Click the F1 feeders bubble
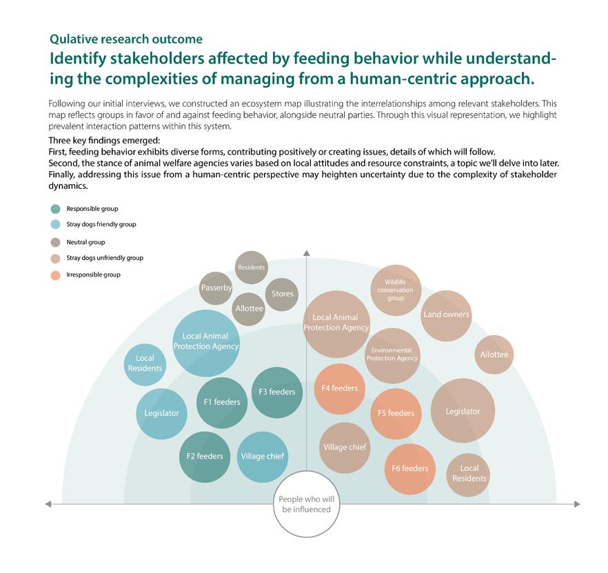(x=222, y=402)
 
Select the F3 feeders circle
(x=276, y=392)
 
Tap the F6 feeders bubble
(x=410, y=469)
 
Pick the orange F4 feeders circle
(x=340, y=389)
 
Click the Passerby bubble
(x=216, y=288)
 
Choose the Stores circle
(x=281, y=294)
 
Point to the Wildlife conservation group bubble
(x=396, y=290)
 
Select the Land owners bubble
(x=446, y=315)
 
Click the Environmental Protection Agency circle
(x=392, y=355)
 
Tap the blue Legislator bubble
(x=162, y=414)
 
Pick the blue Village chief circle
(x=262, y=456)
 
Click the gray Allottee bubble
(x=250, y=309)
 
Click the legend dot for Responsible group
(x=55, y=209)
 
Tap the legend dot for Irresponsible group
(x=55, y=275)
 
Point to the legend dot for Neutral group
(x=55, y=243)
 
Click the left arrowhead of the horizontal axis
(x=49, y=504)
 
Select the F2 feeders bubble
(x=205, y=456)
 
